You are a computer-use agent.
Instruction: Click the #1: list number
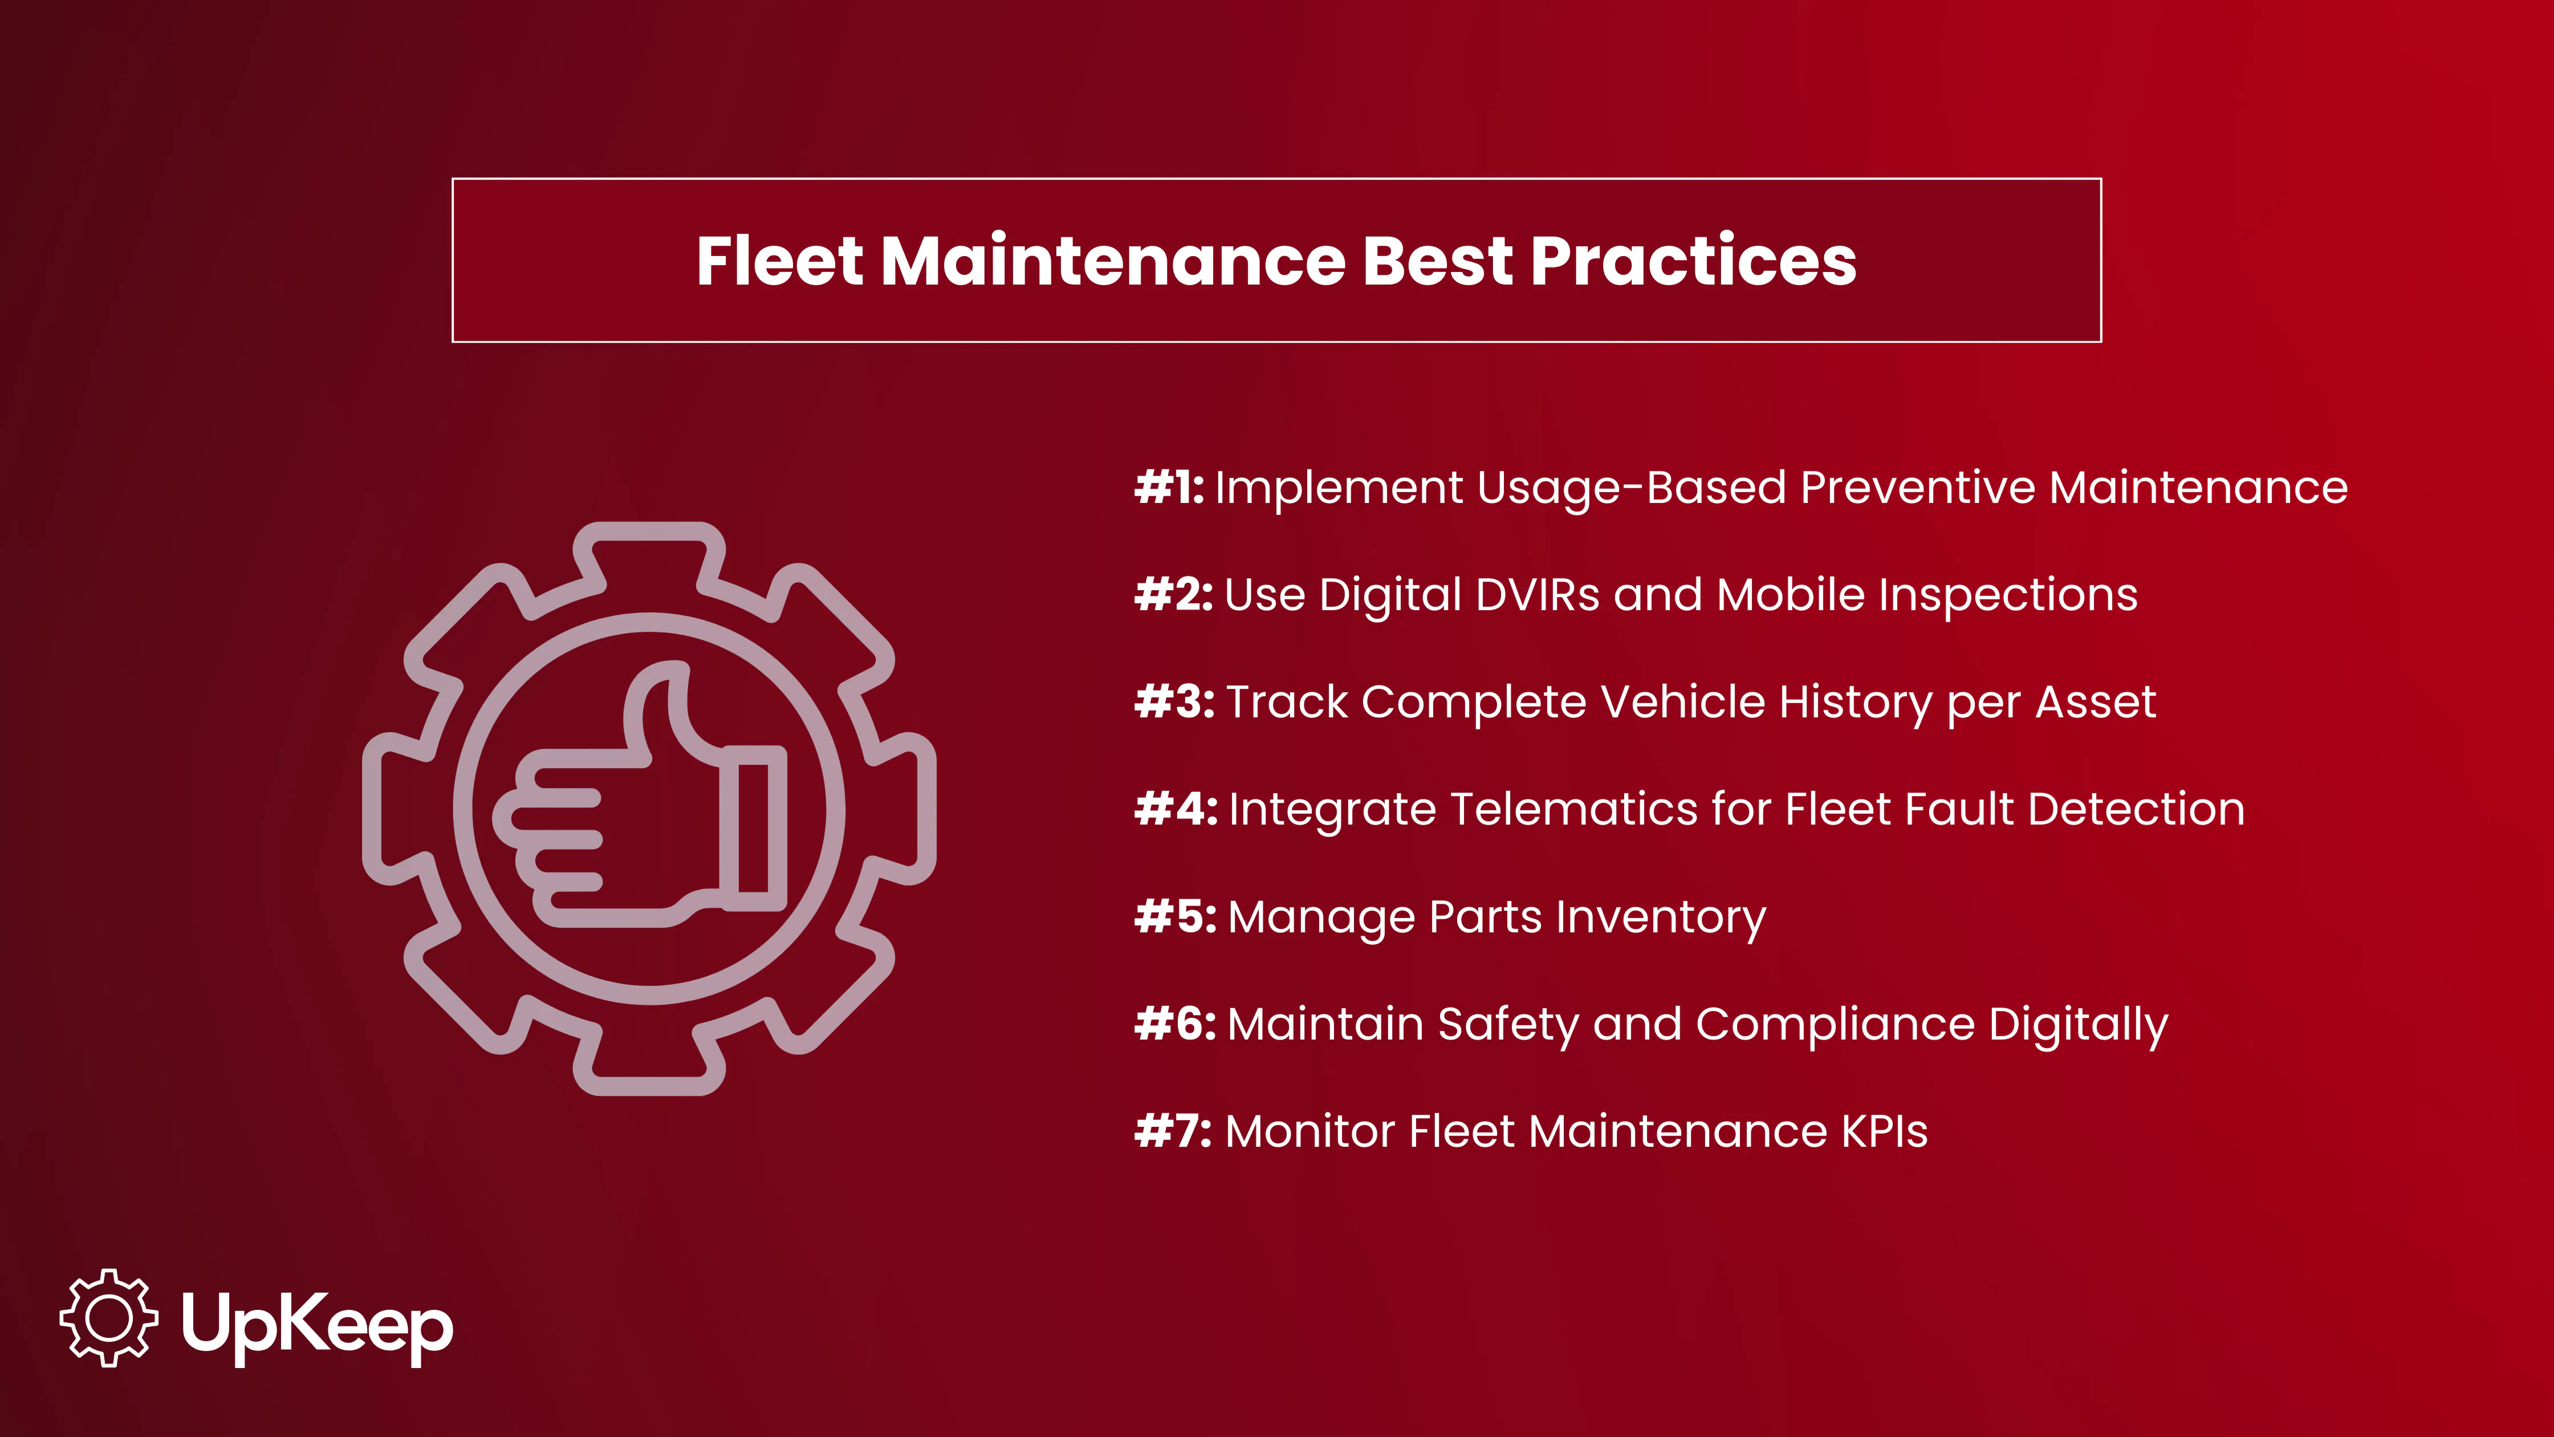coord(1169,487)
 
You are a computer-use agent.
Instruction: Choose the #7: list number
coord(1172,1131)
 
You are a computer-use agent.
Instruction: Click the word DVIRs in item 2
coord(1537,595)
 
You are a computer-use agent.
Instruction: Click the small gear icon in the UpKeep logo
coord(108,1317)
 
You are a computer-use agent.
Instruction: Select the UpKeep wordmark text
coord(318,1325)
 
